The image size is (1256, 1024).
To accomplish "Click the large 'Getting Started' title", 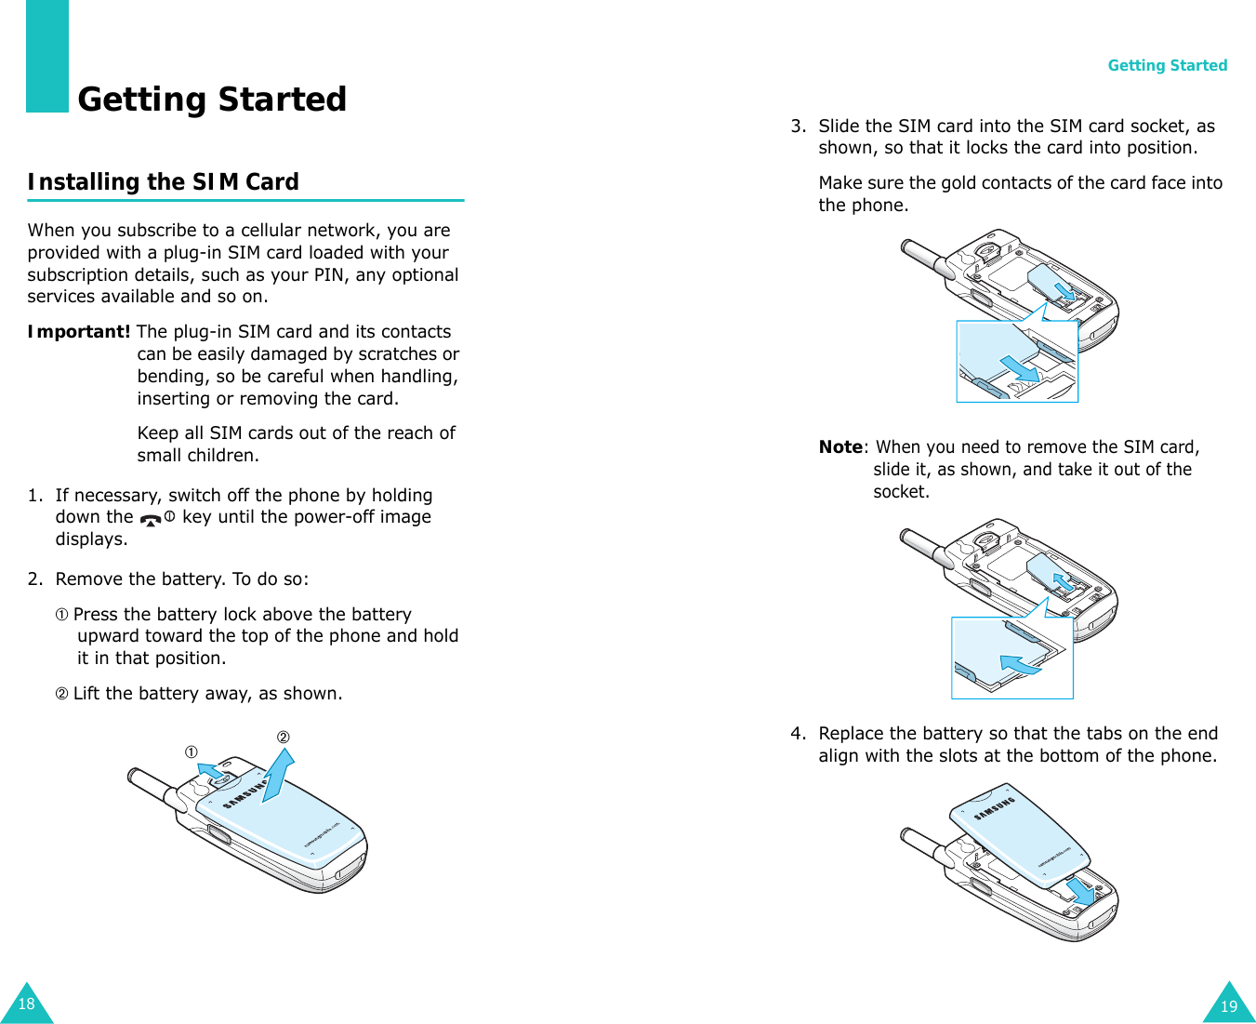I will [x=212, y=99].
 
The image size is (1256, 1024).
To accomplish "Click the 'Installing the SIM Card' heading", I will [x=163, y=181].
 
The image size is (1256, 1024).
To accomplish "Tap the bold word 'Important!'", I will [x=78, y=332].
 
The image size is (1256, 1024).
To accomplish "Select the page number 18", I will [x=26, y=1004].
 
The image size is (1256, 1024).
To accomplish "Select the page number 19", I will [x=1229, y=1005].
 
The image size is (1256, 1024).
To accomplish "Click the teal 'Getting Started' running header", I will [x=1167, y=65].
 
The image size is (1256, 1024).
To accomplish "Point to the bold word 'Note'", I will [x=840, y=447].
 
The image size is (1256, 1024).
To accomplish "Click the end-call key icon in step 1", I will [x=150, y=519].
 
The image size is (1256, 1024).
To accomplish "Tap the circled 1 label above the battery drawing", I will [x=190, y=751].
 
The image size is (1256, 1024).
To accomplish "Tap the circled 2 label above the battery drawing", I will [x=283, y=738].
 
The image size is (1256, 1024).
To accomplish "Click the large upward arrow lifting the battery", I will [x=278, y=772].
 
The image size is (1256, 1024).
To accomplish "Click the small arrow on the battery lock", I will [x=212, y=770].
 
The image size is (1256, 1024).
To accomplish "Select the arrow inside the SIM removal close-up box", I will [x=1020, y=664].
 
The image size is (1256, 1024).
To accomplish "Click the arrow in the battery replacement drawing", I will [x=1081, y=891].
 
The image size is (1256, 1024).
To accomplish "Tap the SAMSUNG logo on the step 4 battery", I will [x=994, y=809].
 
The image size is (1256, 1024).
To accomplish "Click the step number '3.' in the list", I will [x=798, y=126].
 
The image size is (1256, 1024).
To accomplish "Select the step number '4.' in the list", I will [x=798, y=734].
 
